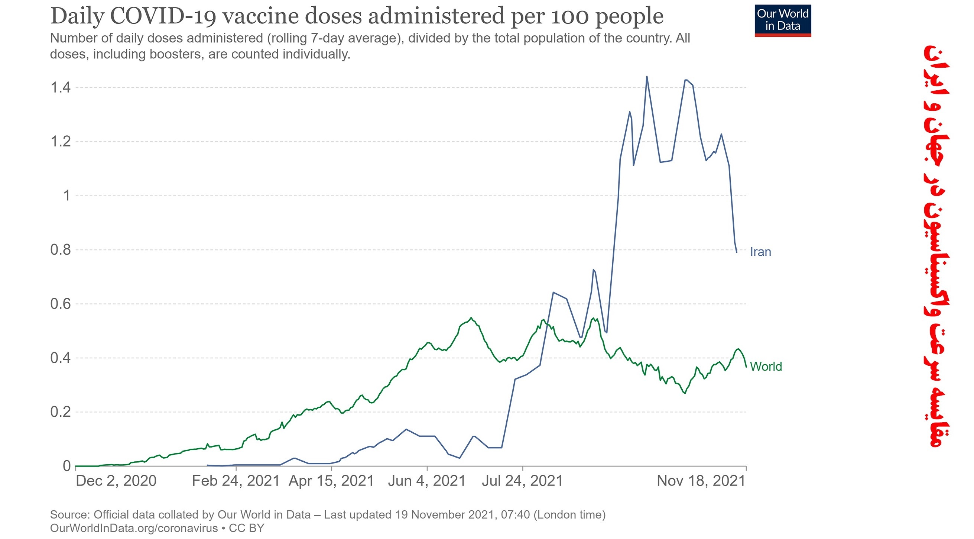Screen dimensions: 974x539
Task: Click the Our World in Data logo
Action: coord(783,20)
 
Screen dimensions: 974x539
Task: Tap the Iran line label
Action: coord(760,252)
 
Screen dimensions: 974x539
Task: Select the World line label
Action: coord(766,367)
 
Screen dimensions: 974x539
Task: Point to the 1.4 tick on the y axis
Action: coord(61,88)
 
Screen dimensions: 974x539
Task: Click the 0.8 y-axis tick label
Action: coord(61,250)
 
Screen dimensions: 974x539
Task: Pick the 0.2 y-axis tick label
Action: coord(61,412)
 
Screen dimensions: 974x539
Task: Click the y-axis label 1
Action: coord(67,196)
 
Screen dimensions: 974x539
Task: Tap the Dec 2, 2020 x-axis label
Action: coord(116,481)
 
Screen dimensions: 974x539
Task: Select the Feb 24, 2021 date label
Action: coord(236,481)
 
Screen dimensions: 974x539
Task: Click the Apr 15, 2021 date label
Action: coord(331,481)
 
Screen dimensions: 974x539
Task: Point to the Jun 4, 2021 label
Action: coord(426,481)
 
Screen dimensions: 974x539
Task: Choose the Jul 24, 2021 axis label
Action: coord(522,481)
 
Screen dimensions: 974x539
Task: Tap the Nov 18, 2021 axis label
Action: coord(701,481)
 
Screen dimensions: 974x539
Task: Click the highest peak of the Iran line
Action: coord(647,77)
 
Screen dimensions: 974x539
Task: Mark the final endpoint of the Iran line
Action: coord(737,252)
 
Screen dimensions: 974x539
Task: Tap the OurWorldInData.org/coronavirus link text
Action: coord(134,528)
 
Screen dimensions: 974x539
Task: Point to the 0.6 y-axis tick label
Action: coord(61,304)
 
